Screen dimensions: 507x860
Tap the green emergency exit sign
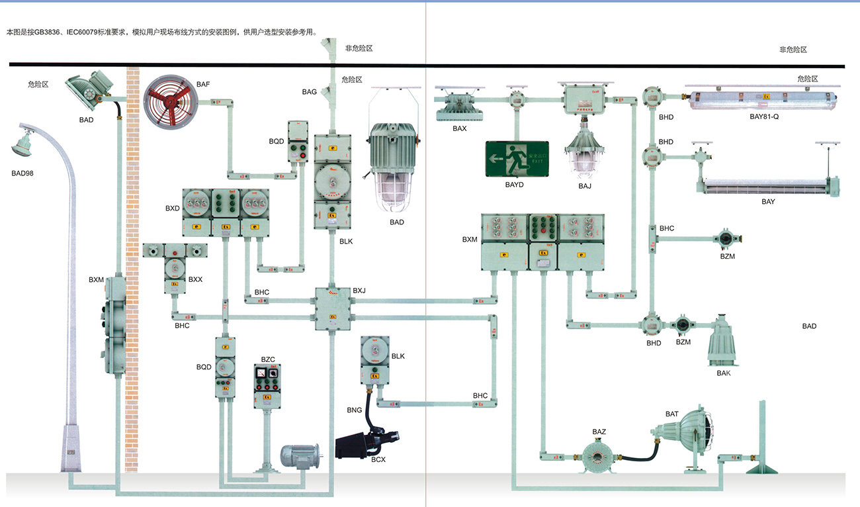pyautogui.click(x=517, y=160)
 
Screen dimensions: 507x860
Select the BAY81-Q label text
pyautogui.click(x=769, y=116)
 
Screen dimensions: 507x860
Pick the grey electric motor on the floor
pyautogui.click(x=300, y=455)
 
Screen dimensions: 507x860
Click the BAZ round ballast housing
pyautogui.click(x=599, y=456)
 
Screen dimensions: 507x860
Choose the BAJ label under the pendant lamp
pyautogui.click(x=585, y=186)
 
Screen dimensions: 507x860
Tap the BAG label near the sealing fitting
pyautogui.click(x=309, y=92)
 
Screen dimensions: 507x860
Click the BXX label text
pyautogui.click(x=195, y=279)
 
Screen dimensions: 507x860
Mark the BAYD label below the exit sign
pyautogui.click(x=514, y=185)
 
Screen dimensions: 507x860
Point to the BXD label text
pyautogui.click(x=173, y=208)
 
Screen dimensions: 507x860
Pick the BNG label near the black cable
pyautogui.click(x=355, y=410)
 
